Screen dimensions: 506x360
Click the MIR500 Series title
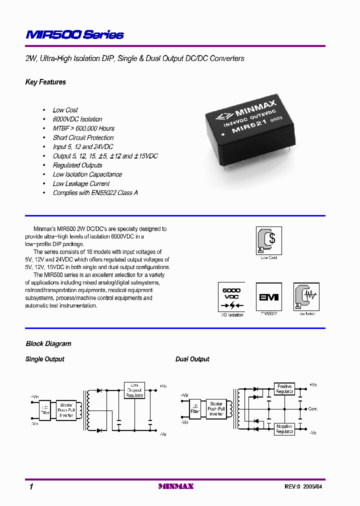point(74,34)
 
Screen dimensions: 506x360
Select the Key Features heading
point(45,82)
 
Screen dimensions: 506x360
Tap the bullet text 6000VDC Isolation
point(77,119)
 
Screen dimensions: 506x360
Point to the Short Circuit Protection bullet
point(83,137)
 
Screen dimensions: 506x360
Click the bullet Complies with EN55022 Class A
point(95,192)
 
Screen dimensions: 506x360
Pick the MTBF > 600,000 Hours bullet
point(83,128)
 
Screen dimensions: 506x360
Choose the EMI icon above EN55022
point(268,297)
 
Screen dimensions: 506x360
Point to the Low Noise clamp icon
point(306,297)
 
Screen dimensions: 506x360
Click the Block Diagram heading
point(48,343)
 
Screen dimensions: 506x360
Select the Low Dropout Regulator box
point(134,390)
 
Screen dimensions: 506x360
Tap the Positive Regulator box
point(284,389)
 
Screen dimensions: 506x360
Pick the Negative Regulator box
point(284,428)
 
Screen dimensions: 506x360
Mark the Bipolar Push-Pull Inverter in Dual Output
point(216,408)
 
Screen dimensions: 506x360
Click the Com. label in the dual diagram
point(313,409)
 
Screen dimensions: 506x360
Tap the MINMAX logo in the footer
point(176,486)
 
